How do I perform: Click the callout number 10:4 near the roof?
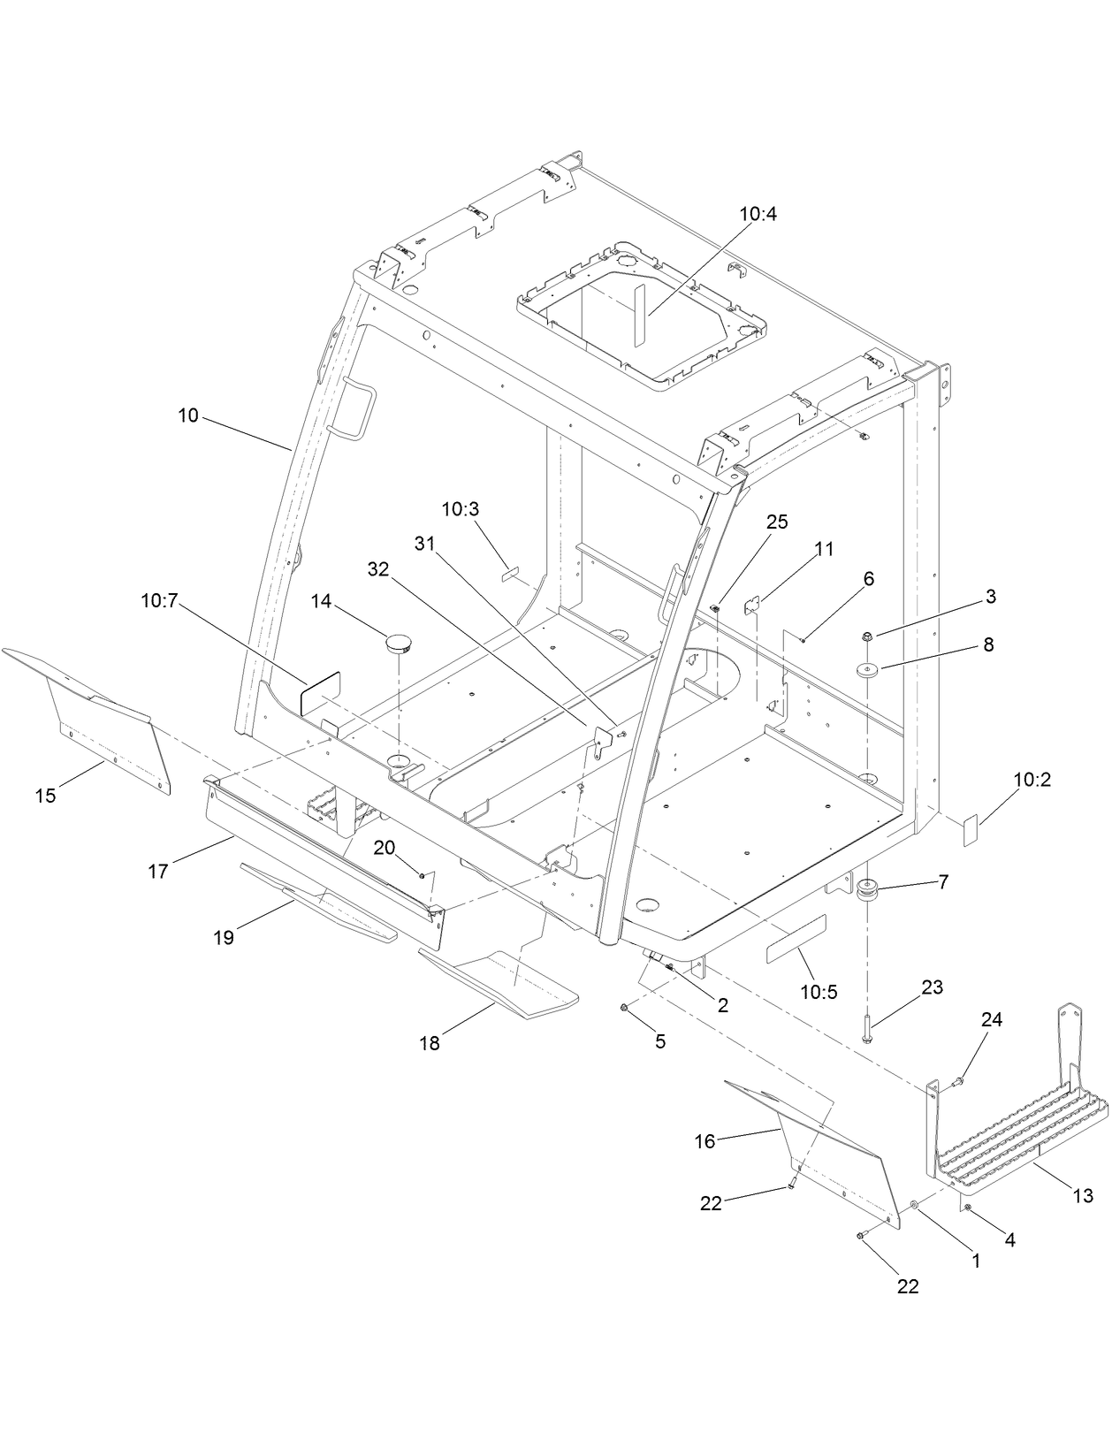pos(758,214)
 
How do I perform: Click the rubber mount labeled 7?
pos(867,890)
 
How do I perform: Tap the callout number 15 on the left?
pos(45,796)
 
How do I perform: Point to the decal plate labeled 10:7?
pos(321,692)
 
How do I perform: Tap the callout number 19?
pos(224,938)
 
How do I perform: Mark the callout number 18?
pos(430,1043)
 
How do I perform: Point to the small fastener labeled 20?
pos(423,875)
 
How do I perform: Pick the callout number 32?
pos(378,569)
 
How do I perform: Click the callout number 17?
pos(157,872)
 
